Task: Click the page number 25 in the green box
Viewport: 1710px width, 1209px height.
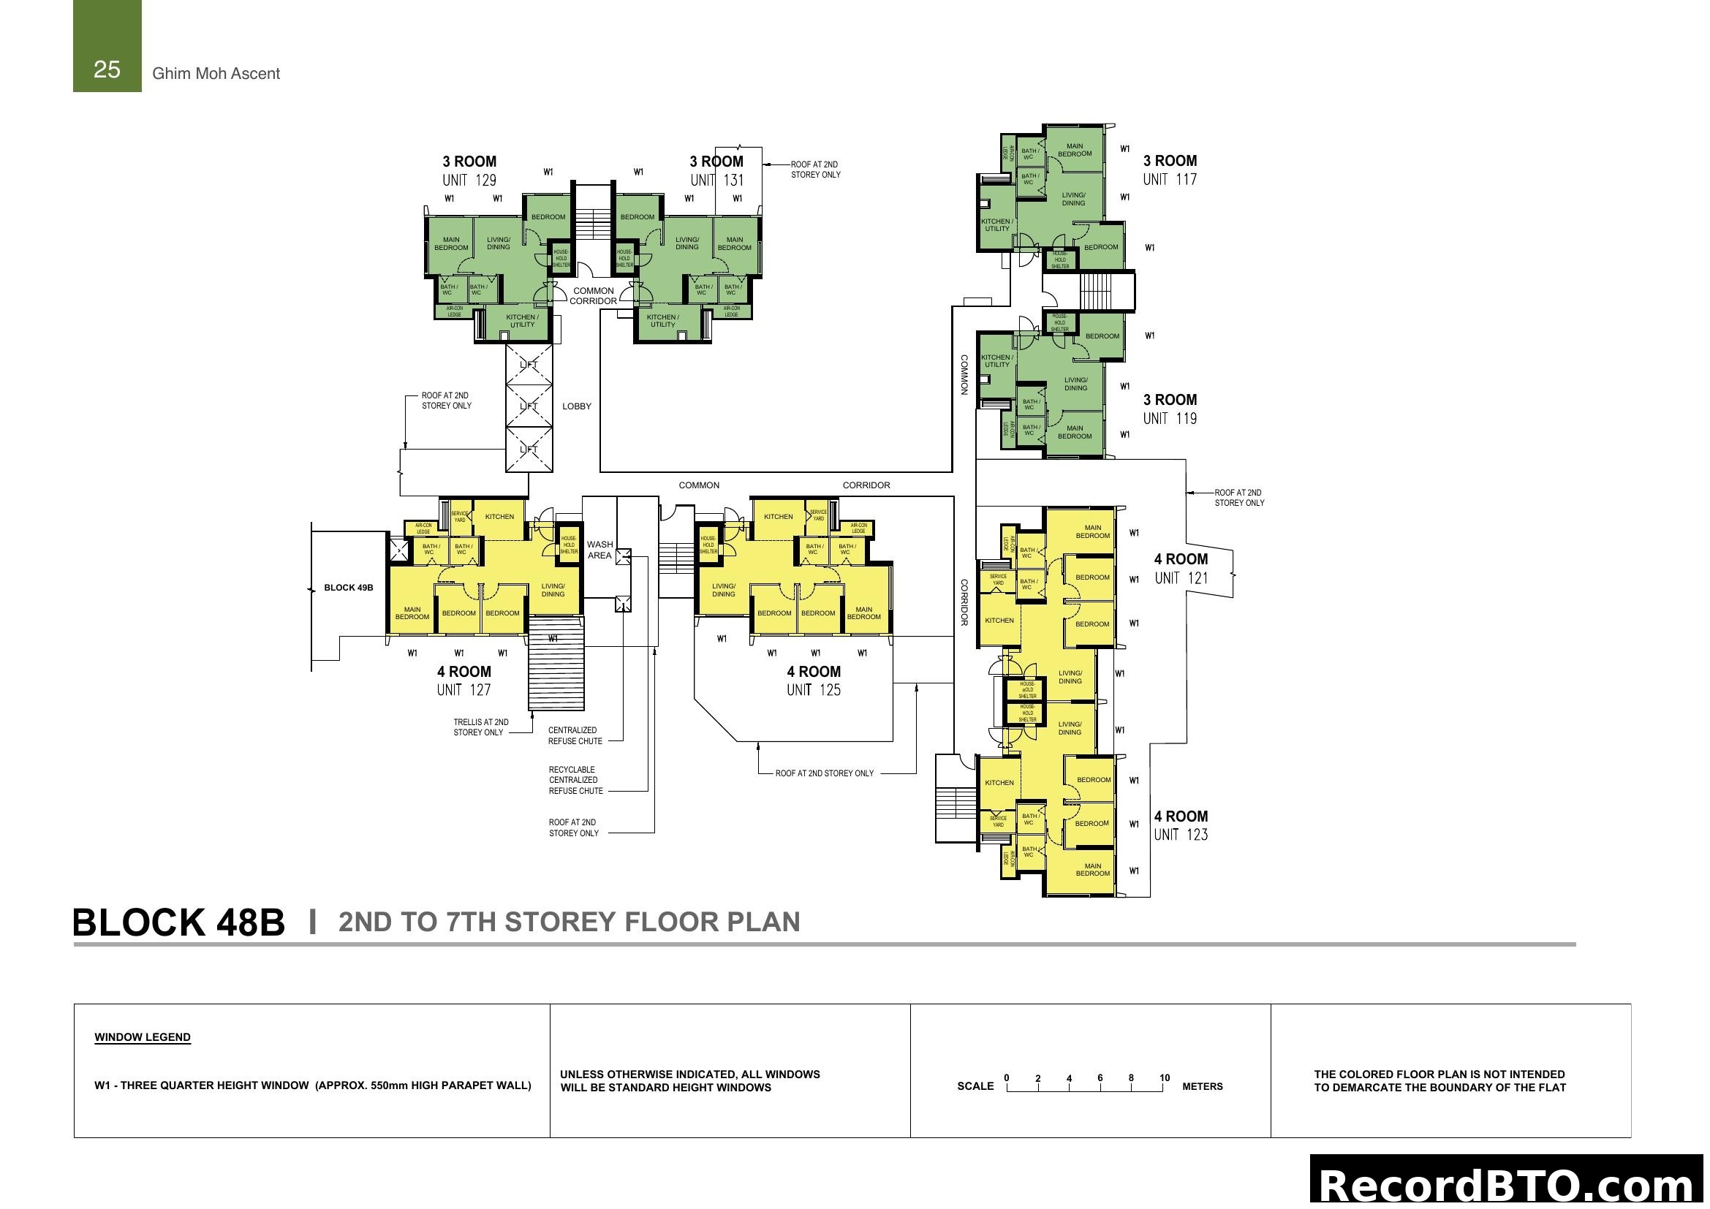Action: [107, 69]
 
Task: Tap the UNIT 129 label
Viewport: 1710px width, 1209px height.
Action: [469, 180]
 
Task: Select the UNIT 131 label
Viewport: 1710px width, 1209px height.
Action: [716, 180]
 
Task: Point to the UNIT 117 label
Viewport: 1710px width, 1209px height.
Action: [1170, 179]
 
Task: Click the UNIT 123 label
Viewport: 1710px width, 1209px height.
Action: [1181, 835]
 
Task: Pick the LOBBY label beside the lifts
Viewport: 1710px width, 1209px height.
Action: [576, 406]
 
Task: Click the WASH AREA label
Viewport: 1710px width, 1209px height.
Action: [599, 550]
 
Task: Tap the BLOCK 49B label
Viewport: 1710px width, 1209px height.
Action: [349, 588]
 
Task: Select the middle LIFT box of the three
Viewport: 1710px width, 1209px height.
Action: [529, 406]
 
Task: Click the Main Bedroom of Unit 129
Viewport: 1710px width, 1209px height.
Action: [451, 243]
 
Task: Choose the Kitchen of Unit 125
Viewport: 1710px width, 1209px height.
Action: [779, 517]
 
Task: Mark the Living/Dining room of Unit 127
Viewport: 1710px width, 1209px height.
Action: [553, 591]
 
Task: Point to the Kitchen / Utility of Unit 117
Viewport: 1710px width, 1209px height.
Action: [996, 225]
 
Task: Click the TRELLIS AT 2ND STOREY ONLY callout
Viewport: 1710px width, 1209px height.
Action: [480, 727]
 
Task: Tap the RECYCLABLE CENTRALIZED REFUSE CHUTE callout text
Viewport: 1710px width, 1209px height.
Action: [572, 780]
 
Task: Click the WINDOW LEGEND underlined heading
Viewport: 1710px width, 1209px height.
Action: [143, 1038]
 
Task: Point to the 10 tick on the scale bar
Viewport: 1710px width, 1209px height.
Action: [1164, 1079]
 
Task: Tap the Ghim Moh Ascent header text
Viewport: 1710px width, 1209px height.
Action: [216, 74]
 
